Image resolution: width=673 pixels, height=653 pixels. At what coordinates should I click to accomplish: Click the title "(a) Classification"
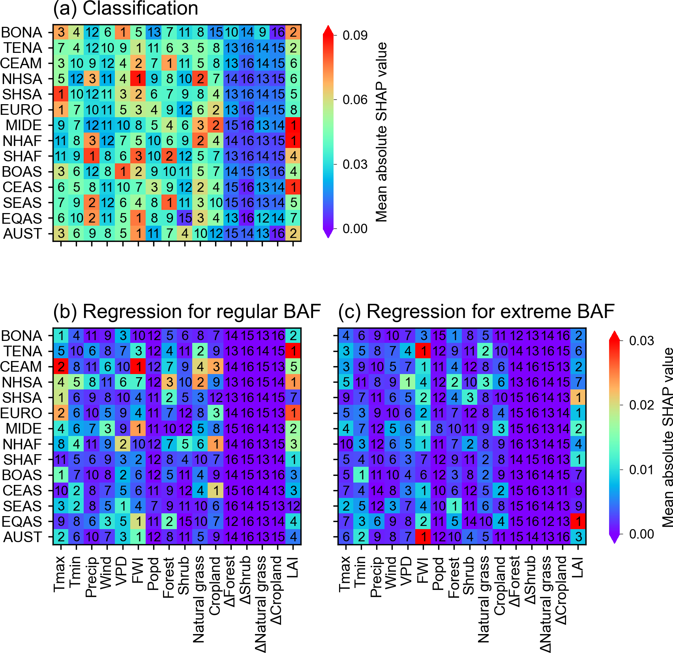click(126, 9)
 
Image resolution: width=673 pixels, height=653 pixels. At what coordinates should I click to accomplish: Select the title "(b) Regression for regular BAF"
click(187, 312)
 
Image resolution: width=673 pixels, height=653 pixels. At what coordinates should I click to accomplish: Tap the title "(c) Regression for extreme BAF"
click(476, 312)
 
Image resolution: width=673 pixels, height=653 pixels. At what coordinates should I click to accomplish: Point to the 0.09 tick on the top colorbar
click(355, 36)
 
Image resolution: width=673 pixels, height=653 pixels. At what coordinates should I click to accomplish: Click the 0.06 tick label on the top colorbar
click(355, 100)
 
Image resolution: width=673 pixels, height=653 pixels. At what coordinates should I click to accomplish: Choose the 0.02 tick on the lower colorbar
click(641, 405)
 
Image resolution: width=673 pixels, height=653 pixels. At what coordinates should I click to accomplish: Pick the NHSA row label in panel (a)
click(22, 79)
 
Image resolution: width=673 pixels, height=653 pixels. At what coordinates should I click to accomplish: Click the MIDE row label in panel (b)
click(24, 428)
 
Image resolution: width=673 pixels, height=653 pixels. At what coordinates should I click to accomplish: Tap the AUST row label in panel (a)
click(22, 234)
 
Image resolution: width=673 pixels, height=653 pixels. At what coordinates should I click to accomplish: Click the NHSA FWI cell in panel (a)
click(139, 79)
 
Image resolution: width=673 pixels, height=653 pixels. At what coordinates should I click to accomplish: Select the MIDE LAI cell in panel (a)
click(293, 125)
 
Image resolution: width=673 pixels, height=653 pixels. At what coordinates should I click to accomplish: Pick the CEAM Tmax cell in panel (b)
click(61, 367)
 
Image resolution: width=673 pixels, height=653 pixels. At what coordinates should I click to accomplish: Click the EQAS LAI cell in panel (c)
click(578, 521)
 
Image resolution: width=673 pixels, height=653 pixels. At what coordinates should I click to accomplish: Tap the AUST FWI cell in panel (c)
click(423, 537)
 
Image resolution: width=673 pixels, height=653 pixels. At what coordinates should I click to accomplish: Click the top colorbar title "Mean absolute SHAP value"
click(381, 132)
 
